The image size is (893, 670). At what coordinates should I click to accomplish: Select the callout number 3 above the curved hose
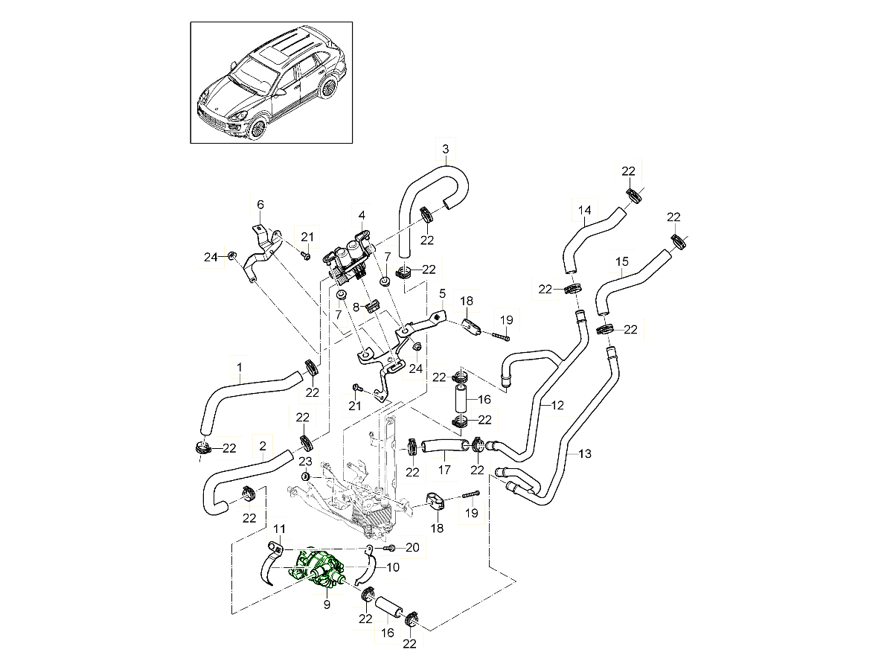[445, 150]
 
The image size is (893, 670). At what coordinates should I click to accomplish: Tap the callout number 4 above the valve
[362, 215]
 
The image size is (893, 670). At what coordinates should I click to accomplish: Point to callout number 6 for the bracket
[260, 204]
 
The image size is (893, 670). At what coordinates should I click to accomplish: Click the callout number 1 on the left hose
[240, 367]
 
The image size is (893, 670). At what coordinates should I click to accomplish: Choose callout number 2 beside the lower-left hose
[263, 446]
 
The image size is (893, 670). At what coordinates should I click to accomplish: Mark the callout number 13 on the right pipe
[585, 453]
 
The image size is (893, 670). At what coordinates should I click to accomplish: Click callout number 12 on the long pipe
[557, 405]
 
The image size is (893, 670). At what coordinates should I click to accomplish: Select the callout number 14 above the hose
[584, 211]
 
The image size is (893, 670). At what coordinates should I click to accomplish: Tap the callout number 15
[622, 262]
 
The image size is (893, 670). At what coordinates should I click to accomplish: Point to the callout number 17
[444, 470]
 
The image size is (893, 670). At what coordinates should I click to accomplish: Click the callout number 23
[305, 462]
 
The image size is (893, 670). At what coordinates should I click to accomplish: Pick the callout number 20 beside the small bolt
[412, 547]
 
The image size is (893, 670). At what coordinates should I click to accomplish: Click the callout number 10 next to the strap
[393, 567]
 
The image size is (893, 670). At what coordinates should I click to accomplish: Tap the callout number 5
[442, 293]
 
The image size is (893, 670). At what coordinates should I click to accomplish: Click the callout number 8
[356, 306]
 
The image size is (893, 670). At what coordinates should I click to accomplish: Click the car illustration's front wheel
[257, 128]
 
